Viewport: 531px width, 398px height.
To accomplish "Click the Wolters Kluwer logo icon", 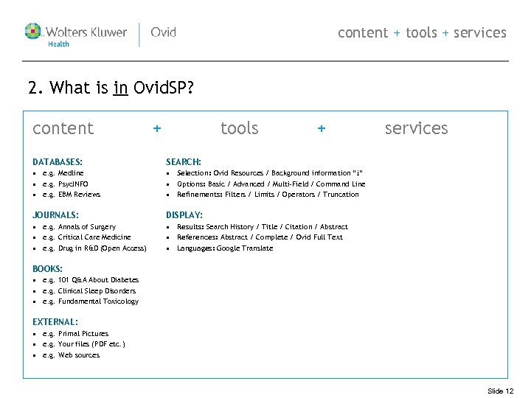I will pos(34,32).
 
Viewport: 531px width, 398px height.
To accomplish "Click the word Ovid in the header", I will pos(163,32).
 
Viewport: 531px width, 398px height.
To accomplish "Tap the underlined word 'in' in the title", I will pos(122,89).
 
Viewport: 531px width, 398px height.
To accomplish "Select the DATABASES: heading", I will pos(58,161).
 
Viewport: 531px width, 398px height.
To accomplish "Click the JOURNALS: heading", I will pos(55,215).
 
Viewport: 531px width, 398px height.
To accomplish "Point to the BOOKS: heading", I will pos(48,269).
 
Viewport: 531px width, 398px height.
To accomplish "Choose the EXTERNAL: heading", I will pos(55,322).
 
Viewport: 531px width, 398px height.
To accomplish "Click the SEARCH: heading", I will pos(184,161).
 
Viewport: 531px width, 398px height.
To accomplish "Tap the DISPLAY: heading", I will pos(184,215).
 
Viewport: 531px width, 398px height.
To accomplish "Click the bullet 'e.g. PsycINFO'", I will pos(66,184).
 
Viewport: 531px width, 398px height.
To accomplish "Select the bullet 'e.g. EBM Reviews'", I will pos(72,195).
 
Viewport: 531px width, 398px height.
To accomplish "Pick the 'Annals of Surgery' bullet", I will pos(87,227).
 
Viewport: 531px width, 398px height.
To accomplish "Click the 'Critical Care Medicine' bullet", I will pos(94,237).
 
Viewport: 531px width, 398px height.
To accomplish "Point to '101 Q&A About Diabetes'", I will pos(98,280).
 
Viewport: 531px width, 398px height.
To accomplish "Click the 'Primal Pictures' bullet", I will pos(83,334).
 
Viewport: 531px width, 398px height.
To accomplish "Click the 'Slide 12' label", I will pos(501,391).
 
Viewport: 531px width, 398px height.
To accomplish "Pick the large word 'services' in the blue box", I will pos(416,128).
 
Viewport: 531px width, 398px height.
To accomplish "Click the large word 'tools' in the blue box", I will pos(240,128).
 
